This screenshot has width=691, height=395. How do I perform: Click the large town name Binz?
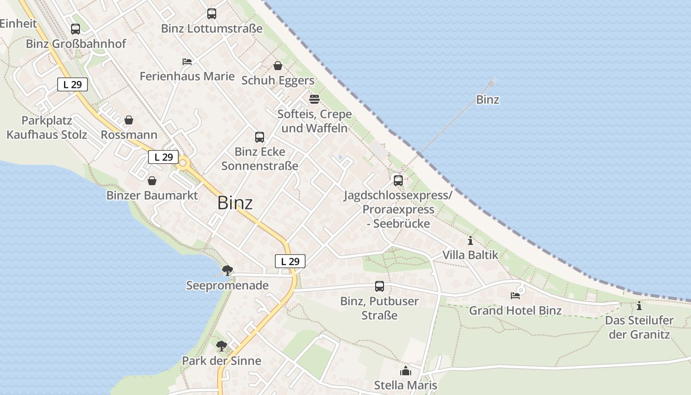click(x=235, y=203)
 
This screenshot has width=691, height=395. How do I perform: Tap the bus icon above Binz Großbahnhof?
click(x=76, y=29)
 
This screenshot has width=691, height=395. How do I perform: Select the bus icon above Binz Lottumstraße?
click(x=212, y=14)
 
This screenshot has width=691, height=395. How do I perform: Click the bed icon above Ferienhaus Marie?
click(x=187, y=62)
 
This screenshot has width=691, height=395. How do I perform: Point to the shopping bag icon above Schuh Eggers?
click(x=278, y=66)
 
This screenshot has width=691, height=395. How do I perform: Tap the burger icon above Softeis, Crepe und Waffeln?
click(x=314, y=99)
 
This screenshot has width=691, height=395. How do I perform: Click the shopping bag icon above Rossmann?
click(x=129, y=120)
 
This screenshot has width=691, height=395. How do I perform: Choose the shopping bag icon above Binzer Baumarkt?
click(x=152, y=181)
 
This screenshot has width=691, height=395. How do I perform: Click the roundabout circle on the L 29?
click(x=184, y=162)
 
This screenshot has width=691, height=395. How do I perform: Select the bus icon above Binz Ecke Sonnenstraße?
click(x=260, y=137)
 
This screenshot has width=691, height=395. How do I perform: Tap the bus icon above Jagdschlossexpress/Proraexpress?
click(x=398, y=181)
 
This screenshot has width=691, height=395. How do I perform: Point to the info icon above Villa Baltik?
click(x=470, y=241)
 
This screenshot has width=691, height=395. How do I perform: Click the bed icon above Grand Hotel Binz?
click(x=515, y=296)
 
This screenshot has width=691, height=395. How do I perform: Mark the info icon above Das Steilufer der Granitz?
click(x=639, y=306)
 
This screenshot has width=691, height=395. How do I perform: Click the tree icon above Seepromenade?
click(x=228, y=270)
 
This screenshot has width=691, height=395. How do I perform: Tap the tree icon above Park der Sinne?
click(x=222, y=346)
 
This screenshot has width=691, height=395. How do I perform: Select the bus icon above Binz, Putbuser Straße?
click(x=380, y=286)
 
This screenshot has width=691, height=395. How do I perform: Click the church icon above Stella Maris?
click(x=406, y=371)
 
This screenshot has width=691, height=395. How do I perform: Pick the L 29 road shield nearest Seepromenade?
click(x=290, y=262)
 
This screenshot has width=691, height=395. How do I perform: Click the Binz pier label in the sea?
click(x=488, y=100)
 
